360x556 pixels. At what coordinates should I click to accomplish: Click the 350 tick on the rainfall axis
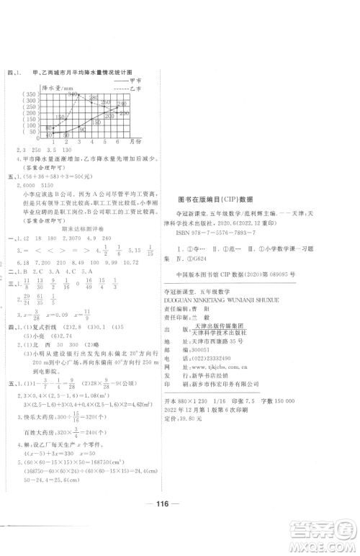(31, 94)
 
